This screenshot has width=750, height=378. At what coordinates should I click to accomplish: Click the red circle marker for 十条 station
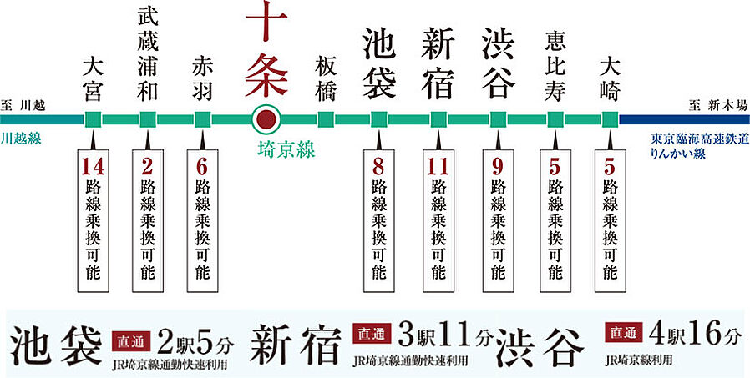266,118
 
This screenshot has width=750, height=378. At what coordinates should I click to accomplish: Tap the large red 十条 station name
266,50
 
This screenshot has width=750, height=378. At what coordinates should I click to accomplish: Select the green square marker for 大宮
94,118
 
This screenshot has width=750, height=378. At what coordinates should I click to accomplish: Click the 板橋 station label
326,78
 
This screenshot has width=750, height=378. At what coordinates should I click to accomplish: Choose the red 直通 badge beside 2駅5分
129,339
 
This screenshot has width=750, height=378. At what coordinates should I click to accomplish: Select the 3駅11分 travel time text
435,335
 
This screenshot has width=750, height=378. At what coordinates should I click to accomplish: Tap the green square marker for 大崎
610,118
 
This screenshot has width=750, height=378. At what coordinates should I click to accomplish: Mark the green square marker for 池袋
378,118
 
